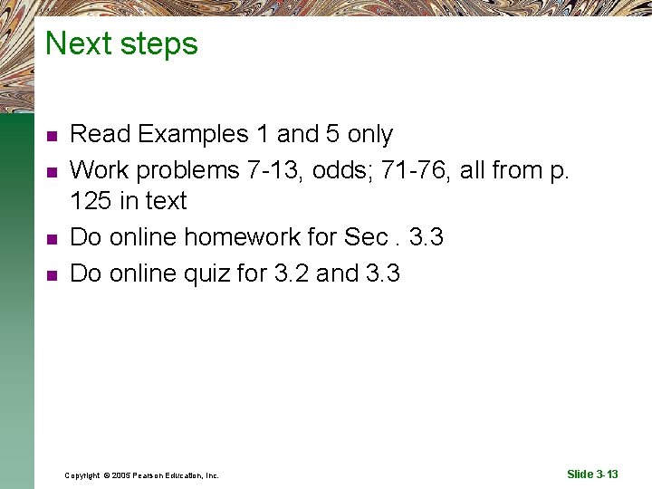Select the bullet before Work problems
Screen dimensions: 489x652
tap(52, 170)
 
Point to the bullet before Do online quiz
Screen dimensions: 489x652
tap(52, 274)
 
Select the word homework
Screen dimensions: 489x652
tap(261, 237)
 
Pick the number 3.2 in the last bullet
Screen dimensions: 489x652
tap(291, 273)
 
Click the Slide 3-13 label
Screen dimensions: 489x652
tap(592, 475)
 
